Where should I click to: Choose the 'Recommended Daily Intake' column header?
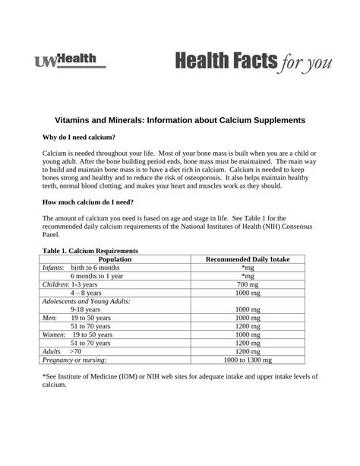coord(248,259)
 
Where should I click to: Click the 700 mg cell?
coord(248,284)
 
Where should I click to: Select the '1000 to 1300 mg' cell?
coord(248,360)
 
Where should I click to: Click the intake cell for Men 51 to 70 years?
coord(248,326)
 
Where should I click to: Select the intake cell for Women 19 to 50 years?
coord(248,334)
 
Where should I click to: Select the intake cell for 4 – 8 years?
coord(248,292)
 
